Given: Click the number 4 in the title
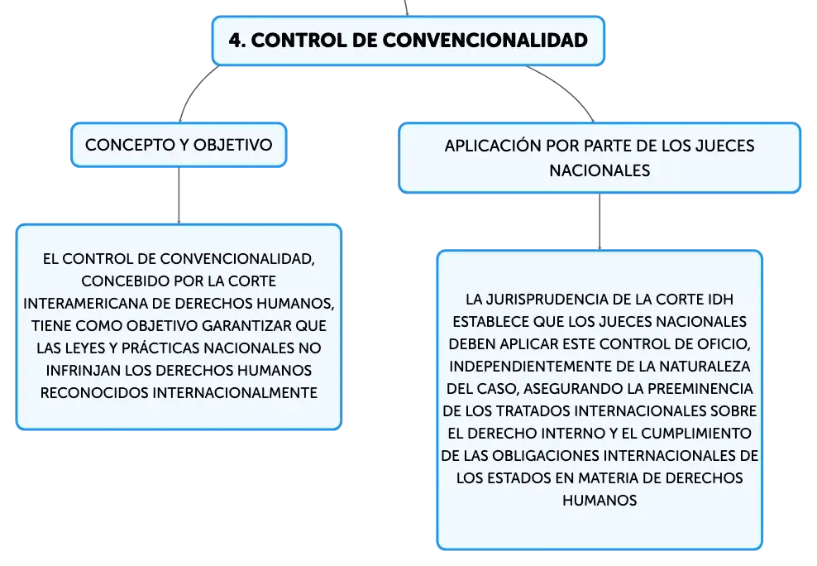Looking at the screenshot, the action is (235, 40).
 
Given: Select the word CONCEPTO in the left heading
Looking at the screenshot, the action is (123, 145).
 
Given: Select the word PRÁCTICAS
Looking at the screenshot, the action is (160, 348).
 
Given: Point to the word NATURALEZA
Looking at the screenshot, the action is (705, 367).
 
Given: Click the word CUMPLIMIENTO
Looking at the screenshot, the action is (696, 434).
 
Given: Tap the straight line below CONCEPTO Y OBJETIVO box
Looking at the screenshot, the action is (179, 195).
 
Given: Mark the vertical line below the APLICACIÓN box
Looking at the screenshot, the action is (600, 222).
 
